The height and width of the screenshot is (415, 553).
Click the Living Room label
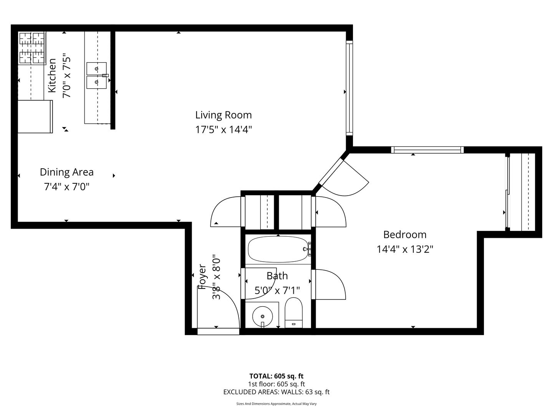[x=224, y=115]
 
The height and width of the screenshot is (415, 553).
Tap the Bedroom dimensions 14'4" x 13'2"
[x=405, y=249]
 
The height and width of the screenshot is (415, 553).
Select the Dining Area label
[x=67, y=172]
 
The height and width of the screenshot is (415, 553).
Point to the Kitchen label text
[x=52, y=75]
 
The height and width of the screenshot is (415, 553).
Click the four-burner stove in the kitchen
[x=32, y=48]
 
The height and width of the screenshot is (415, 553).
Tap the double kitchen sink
[x=96, y=76]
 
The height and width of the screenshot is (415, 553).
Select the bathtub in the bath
[x=278, y=249]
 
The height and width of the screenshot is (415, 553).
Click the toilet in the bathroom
[x=293, y=313]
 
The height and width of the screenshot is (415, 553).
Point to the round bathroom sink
[x=263, y=316]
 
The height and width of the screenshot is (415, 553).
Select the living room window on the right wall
[x=349, y=88]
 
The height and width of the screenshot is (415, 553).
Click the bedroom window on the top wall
[x=427, y=150]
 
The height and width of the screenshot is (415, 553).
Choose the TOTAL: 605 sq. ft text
[x=276, y=376]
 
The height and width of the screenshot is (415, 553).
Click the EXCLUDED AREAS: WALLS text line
[x=276, y=392]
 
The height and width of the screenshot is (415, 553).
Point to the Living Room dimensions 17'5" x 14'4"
[x=224, y=130]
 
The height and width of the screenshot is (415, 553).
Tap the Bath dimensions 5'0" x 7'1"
[x=277, y=290]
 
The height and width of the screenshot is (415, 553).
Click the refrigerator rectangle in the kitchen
[x=35, y=116]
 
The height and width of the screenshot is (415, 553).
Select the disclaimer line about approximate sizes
[x=276, y=403]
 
